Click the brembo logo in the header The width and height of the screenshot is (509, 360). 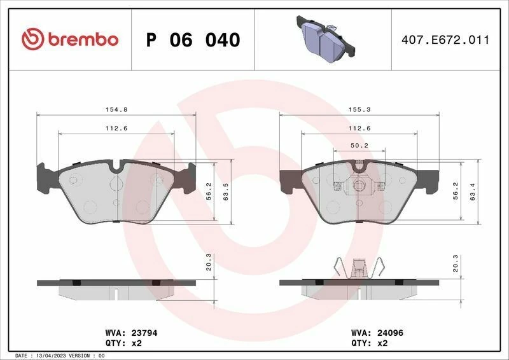point(70,39)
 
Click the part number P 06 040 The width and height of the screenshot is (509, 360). point(193,40)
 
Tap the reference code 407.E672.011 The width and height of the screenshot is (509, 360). point(445,40)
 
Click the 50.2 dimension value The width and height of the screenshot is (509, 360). point(359,146)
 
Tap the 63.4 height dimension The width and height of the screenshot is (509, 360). point(472,192)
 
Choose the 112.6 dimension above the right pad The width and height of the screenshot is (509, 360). point(359,128)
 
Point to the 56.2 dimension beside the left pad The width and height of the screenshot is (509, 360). point(209,192)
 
